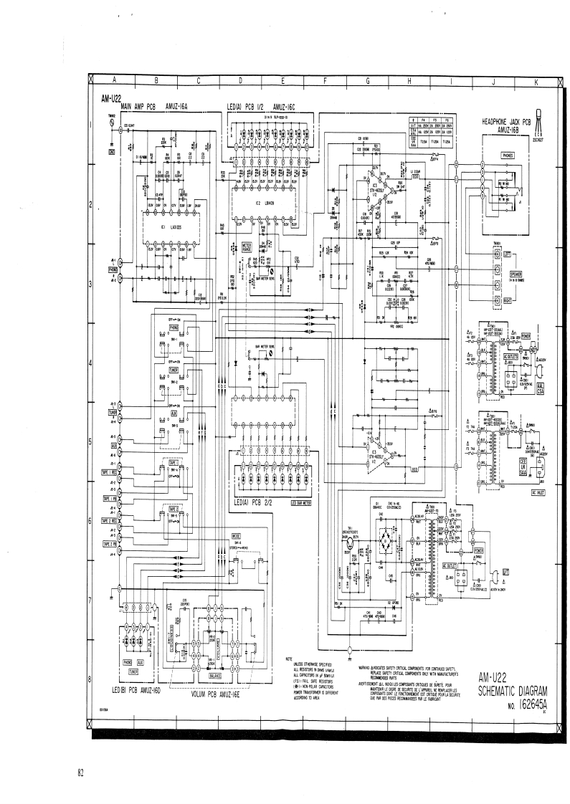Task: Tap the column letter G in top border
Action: (x=367, y=80)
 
